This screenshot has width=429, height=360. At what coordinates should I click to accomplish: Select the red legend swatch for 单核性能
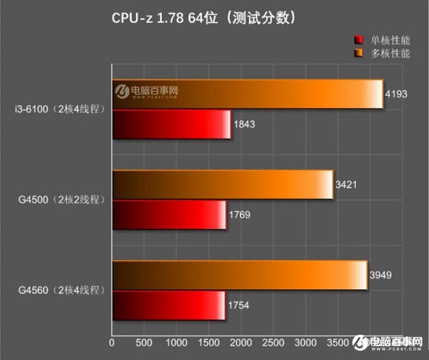(x=359, y=40)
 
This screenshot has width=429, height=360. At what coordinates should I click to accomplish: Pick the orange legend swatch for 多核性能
(x=359, y=53)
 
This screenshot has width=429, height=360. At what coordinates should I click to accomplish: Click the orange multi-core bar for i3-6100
(x=247, y=94)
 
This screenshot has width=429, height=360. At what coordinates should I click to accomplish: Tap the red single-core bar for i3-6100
(x=172, y=124)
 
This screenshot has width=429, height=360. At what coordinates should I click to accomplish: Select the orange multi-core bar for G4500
(x=222, y=184)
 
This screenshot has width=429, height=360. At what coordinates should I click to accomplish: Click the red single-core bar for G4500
(x=169, y=215)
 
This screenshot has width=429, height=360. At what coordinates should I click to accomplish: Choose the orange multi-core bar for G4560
(x=240, y=275)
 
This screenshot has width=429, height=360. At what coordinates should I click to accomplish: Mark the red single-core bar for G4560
(x=169, y=305)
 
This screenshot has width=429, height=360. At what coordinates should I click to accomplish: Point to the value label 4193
(x=397, y=94)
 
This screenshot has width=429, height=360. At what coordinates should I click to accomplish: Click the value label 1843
(x=244, y=124)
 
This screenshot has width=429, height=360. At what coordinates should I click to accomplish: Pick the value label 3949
(x=381, y=275)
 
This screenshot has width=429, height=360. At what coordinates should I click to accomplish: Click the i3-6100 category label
(x=57, y=109)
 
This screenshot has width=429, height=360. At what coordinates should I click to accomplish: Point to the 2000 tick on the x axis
(x=241, y=344)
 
